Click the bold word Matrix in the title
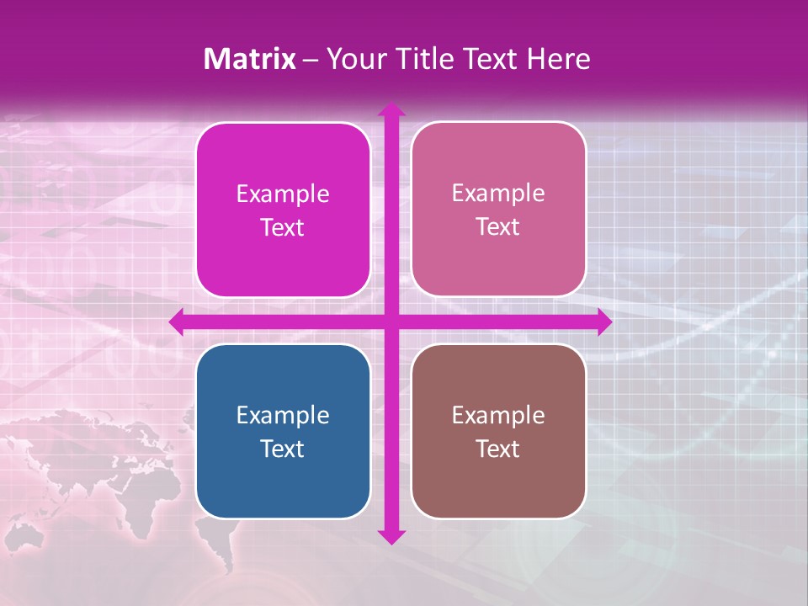(x=250, y=59)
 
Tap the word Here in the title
(x=558, y=59)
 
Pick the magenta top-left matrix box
(x=283, y=210)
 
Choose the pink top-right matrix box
(x=498, y=210)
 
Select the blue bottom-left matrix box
(x=283, y=431)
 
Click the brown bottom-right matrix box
(x=498, y=431)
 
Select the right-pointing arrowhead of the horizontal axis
(x=604, y=322)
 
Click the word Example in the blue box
(x=283, y=415)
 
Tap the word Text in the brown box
(x=498, y=449)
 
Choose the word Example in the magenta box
(x=283, y=194)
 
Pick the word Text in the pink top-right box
(x=498, y=227)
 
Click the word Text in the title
(x=491, y=59)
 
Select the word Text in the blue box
(x=283, y=449)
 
